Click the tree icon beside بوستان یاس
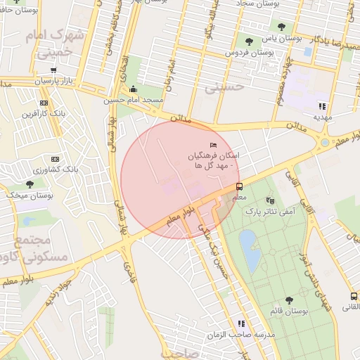281,27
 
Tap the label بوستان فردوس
250,53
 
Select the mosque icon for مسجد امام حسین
134,89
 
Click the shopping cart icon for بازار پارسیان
54,70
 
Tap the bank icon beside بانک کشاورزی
54,160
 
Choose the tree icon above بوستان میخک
30,184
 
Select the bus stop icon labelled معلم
239,186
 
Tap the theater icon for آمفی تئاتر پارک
271,201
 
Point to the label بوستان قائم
290,310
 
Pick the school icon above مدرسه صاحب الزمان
241,323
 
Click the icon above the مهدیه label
322,105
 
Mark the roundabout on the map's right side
324,142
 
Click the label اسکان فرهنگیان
214,154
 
